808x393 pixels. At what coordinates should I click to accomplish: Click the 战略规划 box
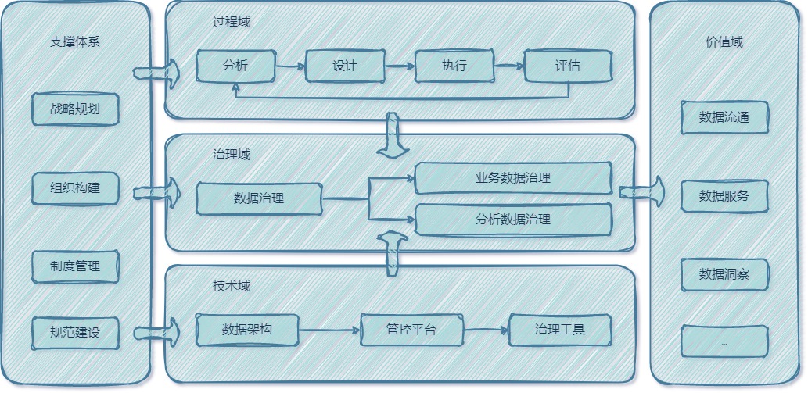(x=75, y=109)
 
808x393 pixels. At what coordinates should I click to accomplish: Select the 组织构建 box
(x=75, y=188)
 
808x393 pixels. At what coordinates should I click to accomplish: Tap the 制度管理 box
(x=75, y=266)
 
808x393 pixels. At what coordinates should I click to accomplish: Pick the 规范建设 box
(x=75, y=332)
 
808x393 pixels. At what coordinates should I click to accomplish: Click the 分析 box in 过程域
(x=235, y=66)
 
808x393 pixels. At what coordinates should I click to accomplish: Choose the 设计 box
(x=345, y=66)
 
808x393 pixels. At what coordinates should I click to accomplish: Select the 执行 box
(x=454, y=66)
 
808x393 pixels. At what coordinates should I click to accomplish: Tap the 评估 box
(x=567, y=66)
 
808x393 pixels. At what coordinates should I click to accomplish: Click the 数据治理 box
(x=259, y=198)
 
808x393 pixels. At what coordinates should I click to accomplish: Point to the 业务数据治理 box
(x=512, y=178)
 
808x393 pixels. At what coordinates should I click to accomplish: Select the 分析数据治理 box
(x=512, y=220)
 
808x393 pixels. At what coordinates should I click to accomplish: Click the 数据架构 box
(x=247, y=330)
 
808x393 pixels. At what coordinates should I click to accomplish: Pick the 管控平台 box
(x=411, y=330)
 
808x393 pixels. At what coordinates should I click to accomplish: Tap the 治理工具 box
(x=559, y=330)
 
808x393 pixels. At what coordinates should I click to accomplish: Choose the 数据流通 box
(x=724, y=117)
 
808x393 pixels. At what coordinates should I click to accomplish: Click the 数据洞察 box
(x=724, y=274)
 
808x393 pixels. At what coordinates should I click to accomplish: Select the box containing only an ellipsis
(x=724, y=341)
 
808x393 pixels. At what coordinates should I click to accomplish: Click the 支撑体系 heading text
(x=75, y=42)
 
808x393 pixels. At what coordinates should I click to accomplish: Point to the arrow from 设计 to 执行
(x=400, y=66)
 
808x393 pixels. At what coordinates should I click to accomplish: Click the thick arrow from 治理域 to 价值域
(x=642, y=191)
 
